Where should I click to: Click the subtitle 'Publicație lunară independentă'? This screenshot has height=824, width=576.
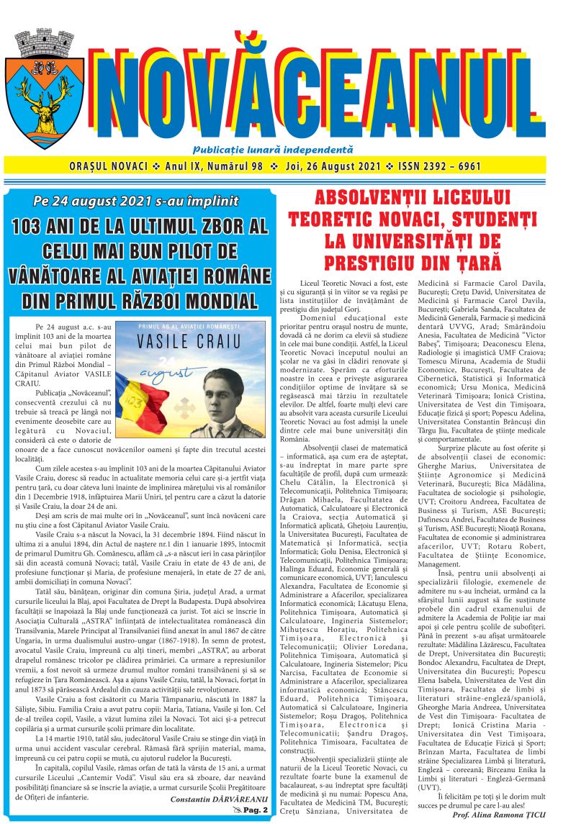tap(273, 150)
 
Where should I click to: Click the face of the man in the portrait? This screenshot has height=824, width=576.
tap(226, 394)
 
